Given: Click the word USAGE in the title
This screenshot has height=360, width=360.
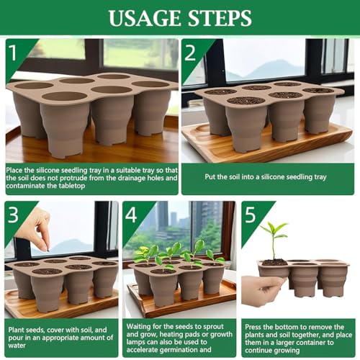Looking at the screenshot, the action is pyautogui.click(x=145, y=18).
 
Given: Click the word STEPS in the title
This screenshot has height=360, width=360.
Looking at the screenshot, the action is pyautogui.click(x=220, y=18).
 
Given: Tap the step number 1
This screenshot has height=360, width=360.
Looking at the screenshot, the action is pyautogui.click(x=12, y=53).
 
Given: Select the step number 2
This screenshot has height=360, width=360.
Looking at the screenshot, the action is pyautogui.click(x=190, y=53).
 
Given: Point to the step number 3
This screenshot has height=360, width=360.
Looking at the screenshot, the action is pyautogui.click(x=13, y=215).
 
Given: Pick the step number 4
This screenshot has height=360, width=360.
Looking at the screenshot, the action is pyautogui.click(x=131, y=215).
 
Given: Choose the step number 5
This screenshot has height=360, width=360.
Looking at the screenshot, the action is pyautogui.click(x=250, y=215).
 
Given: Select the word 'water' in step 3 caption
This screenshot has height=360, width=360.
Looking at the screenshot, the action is pyautogui.click(x=17, y=346).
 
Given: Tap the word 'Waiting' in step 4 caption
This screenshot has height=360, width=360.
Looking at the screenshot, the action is pyautogui.click(x=138, y=327).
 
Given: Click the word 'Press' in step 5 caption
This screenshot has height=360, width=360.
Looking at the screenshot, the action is pyautogui.click(x=253, y=327).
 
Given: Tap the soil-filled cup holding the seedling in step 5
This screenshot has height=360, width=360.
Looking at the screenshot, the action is pyautogui.click(x=274, y=269).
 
